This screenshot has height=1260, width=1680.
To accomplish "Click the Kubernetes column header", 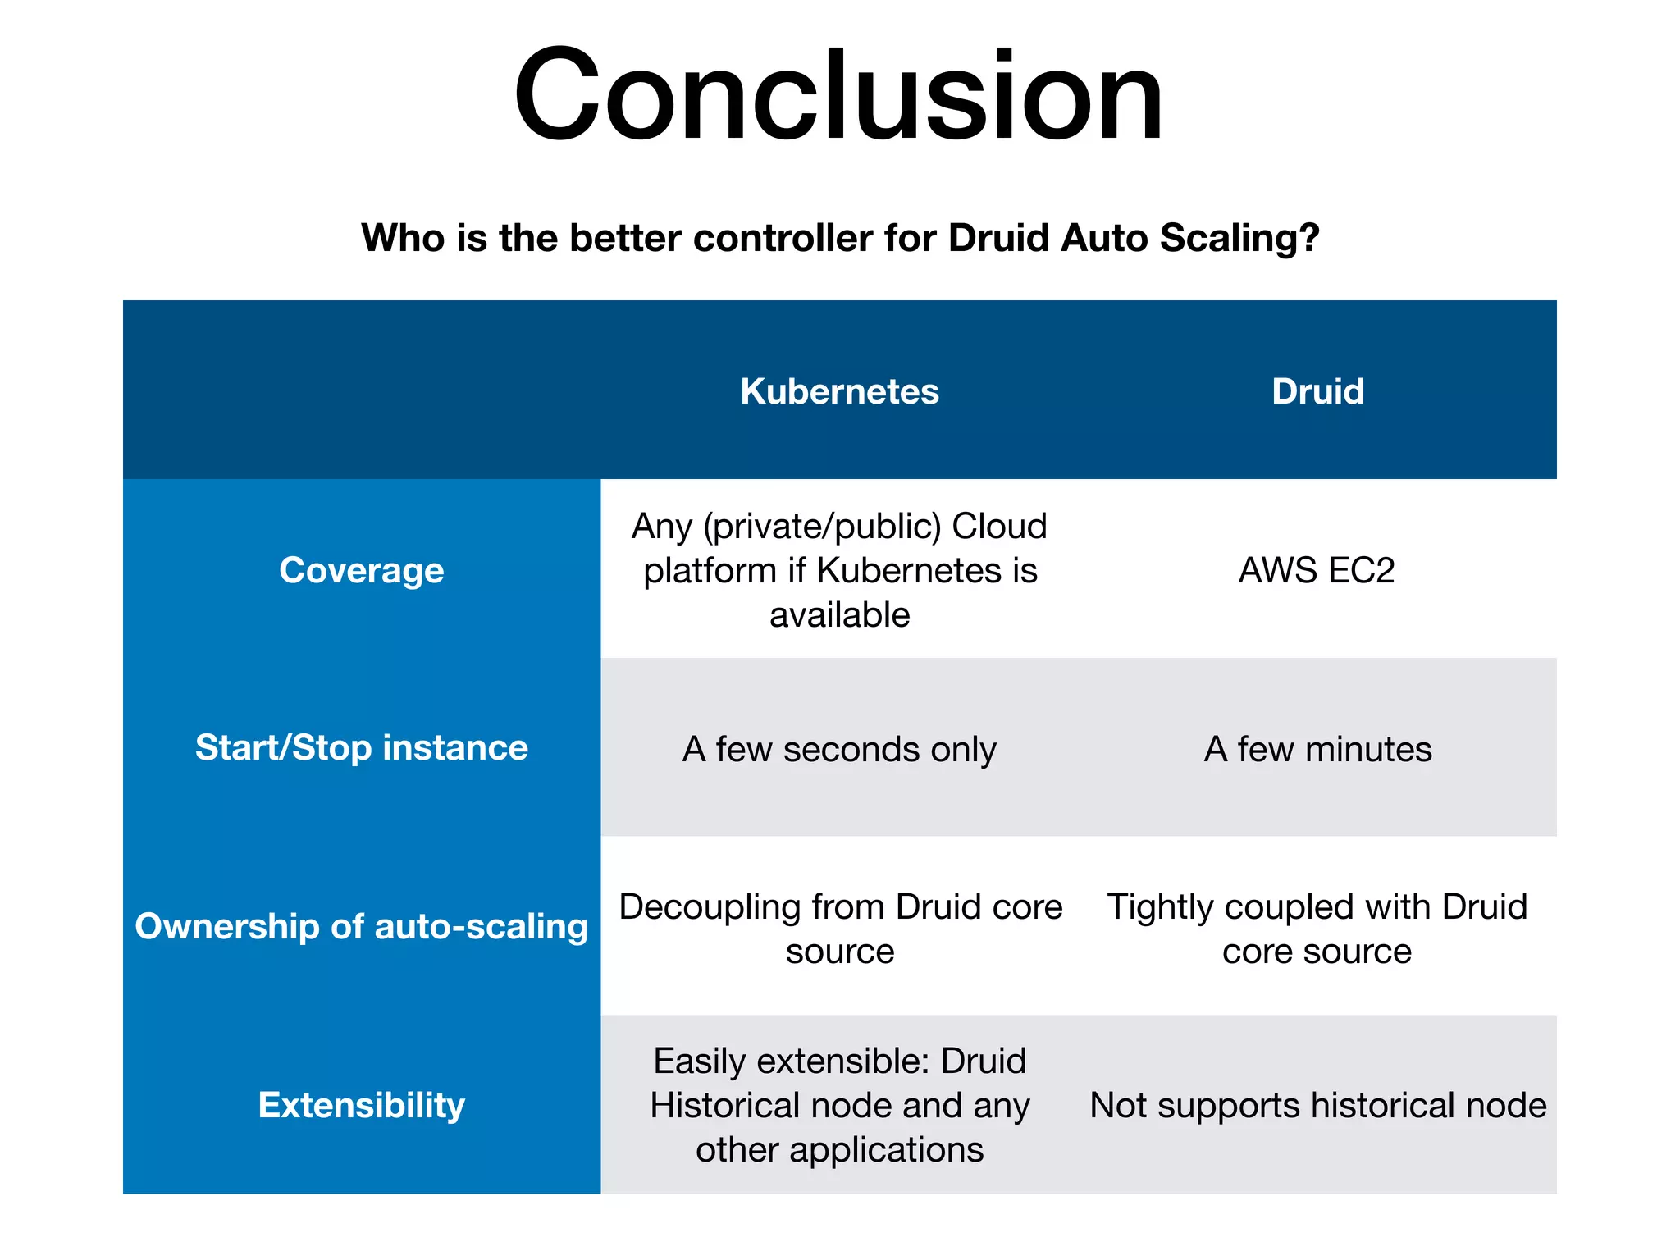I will point(839,391).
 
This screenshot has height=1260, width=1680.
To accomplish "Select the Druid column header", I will point(1317,391).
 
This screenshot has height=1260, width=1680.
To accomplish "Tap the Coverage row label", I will point(361,570).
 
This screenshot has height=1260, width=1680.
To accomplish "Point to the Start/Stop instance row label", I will point(361,748).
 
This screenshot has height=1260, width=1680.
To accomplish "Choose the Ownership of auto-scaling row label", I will point(361,926).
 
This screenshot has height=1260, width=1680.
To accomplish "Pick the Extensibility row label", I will point(361,1105).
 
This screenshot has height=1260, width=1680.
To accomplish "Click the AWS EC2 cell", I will point(1317,570).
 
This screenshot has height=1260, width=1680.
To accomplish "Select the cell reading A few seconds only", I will point(839,749).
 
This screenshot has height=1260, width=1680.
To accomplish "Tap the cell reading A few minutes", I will point(1317,749).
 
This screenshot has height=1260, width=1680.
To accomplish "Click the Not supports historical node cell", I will point(1317,1105).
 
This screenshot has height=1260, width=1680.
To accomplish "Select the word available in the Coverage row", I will point(839,615).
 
